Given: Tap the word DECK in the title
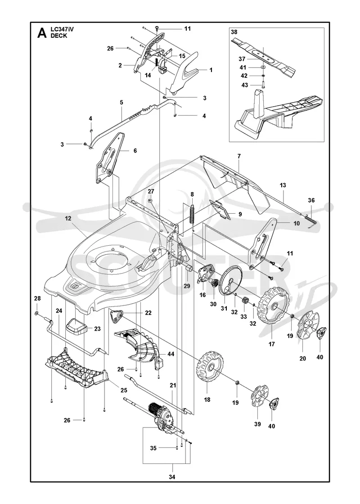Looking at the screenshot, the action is point(59,36).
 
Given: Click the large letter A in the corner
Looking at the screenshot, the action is point(42,33).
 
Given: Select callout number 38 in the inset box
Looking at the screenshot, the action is point(234,32).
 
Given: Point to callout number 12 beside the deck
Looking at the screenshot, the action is point(68,218).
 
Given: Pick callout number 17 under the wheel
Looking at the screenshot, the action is point(272,344).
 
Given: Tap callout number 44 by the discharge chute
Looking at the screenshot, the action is point(171,354).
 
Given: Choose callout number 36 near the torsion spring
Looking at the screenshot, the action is point(311,200).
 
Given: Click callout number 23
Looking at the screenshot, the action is point(97,329).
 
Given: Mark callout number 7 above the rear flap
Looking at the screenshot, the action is point(239,156).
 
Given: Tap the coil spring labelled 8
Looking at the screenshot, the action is point(192,216).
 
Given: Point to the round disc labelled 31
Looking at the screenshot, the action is point(230,281).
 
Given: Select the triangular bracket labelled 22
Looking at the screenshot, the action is point(115,316).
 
